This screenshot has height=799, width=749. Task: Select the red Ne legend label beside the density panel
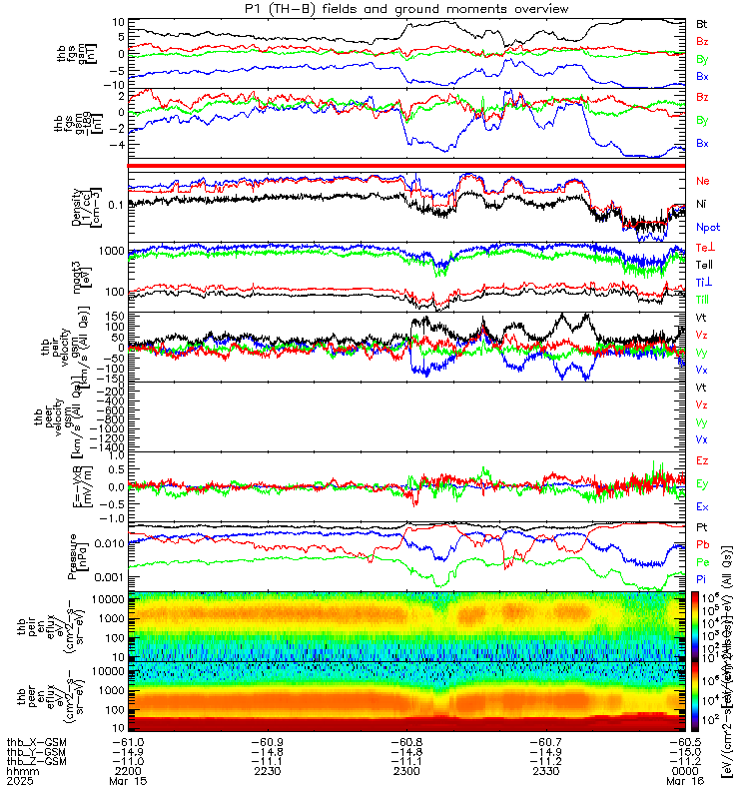[702, 181]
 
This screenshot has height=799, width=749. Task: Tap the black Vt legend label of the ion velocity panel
[702, 317]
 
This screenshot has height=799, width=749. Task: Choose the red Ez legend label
[702, 460]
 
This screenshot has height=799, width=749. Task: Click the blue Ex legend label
[702, 506]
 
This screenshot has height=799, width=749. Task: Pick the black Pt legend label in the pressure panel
[702, 526]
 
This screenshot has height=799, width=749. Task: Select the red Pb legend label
[702, 545]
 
